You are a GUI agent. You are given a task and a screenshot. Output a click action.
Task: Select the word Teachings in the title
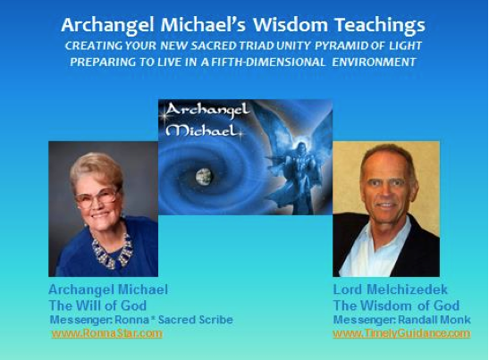tap(380, 26)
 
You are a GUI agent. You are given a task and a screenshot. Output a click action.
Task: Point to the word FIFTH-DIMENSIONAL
tap(268, 62)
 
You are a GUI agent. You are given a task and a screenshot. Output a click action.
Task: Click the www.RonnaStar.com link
tap(107, 333)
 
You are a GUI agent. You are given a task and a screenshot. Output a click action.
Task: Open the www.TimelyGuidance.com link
tap(401, 333)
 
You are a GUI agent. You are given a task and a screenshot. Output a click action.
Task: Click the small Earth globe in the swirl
tap(204, 176)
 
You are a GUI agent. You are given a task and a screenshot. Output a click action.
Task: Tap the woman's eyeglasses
tap(97, 197)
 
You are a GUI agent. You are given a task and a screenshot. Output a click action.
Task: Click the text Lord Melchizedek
tap(390, 289)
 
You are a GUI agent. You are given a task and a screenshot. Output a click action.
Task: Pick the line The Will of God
tap(97, 306)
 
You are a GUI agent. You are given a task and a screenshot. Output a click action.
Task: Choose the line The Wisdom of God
tap(396, 306)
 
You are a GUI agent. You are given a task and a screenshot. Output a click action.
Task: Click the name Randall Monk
tap(434, 320)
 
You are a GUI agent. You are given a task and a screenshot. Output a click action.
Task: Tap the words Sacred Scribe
tap(196, 320)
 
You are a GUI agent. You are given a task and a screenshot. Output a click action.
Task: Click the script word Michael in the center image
tap(201, 130)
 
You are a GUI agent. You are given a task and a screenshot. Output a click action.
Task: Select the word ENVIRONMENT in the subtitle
tap(374, 62)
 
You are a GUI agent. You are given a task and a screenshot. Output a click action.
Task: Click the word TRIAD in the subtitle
tap(257, 46)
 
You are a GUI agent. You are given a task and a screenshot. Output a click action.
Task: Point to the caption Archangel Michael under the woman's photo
tap(108, 289)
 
